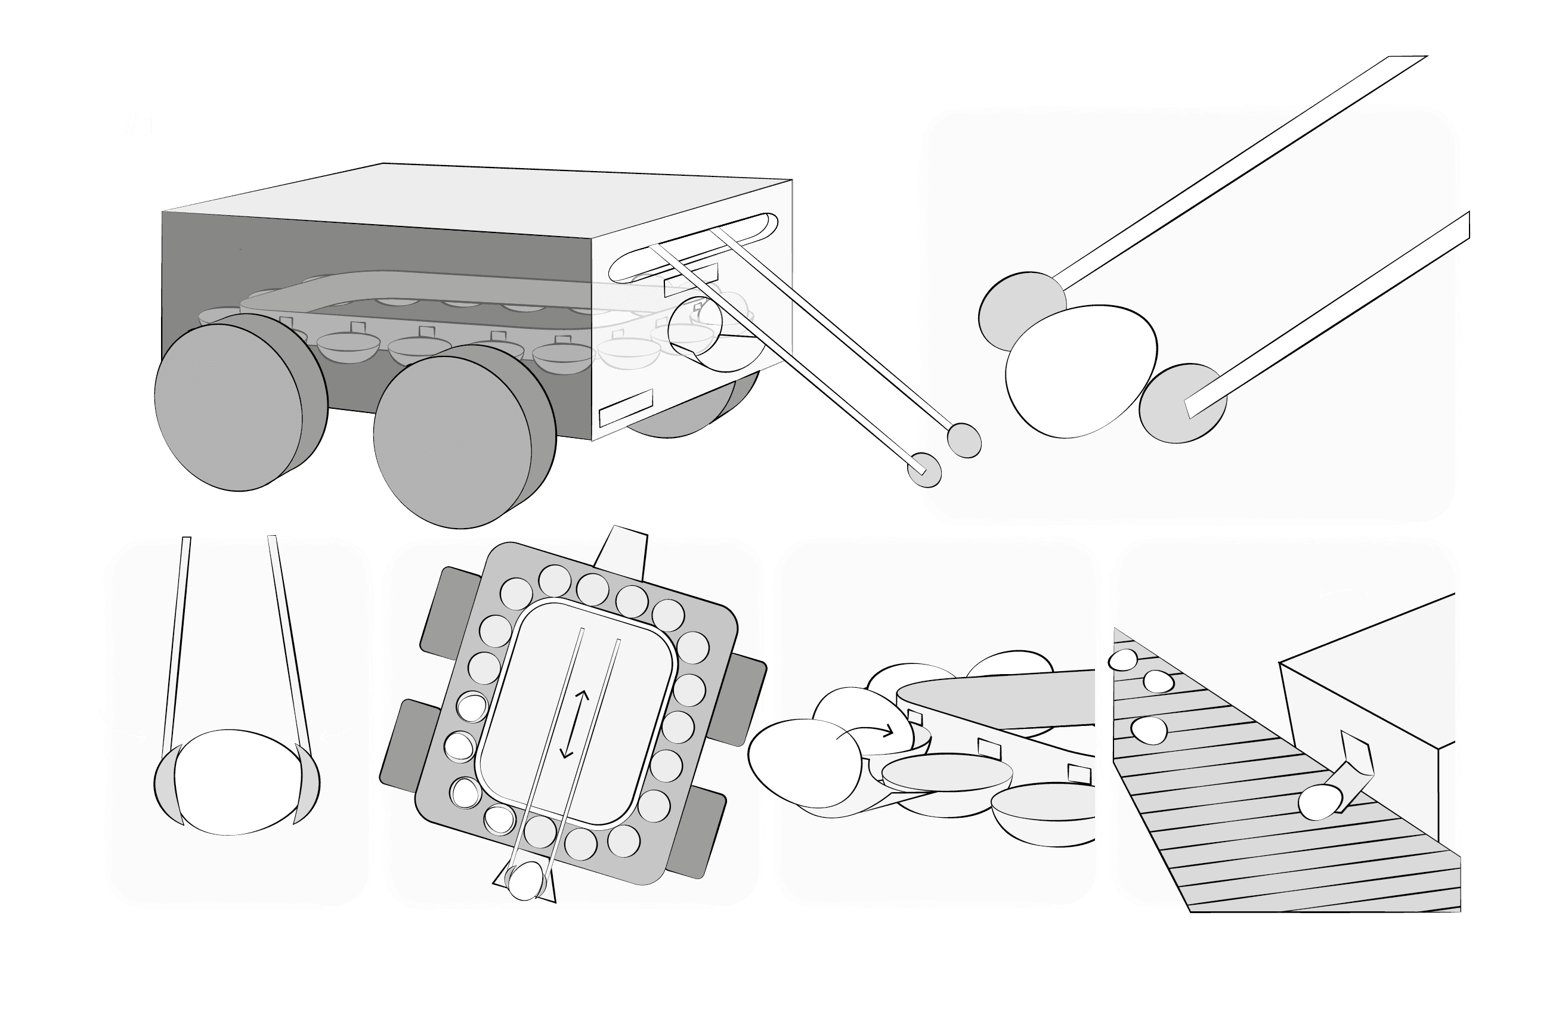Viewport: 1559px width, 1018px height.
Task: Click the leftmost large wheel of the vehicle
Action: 229,407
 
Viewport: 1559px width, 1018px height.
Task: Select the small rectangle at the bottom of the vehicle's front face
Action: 626,407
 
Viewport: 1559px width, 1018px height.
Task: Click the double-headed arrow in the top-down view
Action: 575,724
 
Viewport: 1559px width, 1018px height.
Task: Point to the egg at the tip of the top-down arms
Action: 525,880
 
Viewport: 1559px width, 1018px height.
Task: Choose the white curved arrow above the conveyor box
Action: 1345,593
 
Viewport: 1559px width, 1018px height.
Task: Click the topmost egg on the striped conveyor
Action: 1123,659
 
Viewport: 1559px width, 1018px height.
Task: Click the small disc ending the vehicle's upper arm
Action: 965,440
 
